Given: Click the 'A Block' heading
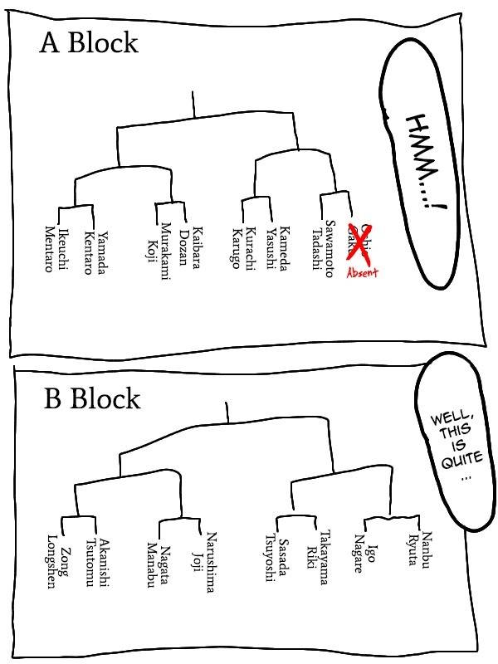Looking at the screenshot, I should point(89,43).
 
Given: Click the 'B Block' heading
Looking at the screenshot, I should point(92,399).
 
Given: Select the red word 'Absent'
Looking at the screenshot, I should point(362,271).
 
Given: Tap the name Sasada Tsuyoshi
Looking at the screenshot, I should point(275,559).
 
